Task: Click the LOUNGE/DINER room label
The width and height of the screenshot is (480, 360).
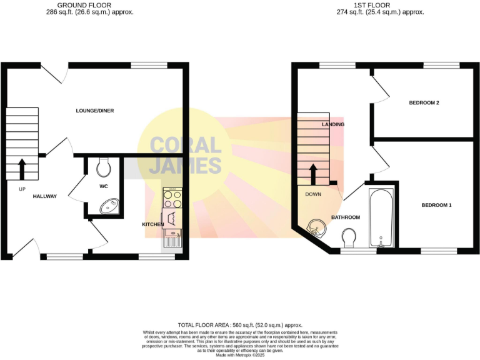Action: pos(94,111)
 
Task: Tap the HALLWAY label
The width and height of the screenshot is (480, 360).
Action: pos(45,196)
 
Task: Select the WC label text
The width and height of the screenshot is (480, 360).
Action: pos(104,186)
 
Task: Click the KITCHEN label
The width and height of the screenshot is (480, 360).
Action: pos(153,224)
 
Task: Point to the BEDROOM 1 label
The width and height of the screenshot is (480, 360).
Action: pos(436,206)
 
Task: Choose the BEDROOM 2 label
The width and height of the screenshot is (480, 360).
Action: pos(424,102)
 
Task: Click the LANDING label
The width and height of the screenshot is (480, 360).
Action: pos(333,124)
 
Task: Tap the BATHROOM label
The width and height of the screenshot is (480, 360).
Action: pos(346,217)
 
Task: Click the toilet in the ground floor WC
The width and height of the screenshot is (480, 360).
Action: pos(104,167)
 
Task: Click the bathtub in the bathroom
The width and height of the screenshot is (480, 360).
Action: pos(381,216)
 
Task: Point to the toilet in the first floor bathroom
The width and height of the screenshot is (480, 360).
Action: pos(350,237)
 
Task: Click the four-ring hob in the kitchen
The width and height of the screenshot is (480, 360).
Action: pos(172,199)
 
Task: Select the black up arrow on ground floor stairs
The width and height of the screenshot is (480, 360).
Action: pos(22,169)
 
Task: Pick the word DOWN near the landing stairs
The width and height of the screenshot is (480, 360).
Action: pos(313,194)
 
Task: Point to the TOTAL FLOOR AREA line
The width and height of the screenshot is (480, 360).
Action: pos(240,325)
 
